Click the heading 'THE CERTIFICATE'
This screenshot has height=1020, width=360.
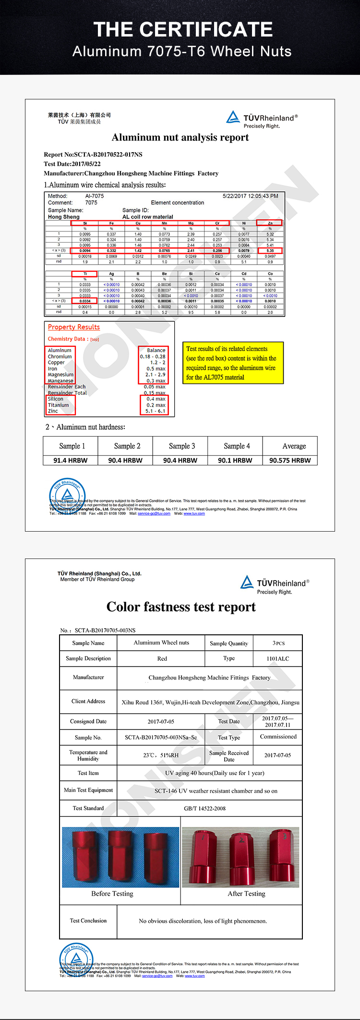pos(183,30)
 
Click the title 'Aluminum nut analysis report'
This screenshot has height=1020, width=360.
pos(180,138)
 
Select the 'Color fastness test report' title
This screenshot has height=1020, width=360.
pos(181,607)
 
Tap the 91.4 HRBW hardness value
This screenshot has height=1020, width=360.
pos(70,460)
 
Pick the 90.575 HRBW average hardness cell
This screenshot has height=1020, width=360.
pos(290,460)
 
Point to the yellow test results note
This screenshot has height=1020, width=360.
pos(233,363)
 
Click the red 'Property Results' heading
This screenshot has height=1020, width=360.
pos(74,327)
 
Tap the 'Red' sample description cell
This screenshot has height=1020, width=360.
pos(162,658)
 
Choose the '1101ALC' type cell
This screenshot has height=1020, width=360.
pos(278,658)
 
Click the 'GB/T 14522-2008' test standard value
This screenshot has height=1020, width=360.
pos(204,808)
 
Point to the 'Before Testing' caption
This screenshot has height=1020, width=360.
pos(112,894)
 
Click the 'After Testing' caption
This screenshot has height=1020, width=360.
pos(246,894)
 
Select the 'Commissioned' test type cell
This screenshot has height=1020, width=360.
pos(278,737)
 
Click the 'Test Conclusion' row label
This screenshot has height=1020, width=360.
pos(88,921)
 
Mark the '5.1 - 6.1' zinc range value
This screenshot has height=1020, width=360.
pos(155,411)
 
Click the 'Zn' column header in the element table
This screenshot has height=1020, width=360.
pos(270,223)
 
